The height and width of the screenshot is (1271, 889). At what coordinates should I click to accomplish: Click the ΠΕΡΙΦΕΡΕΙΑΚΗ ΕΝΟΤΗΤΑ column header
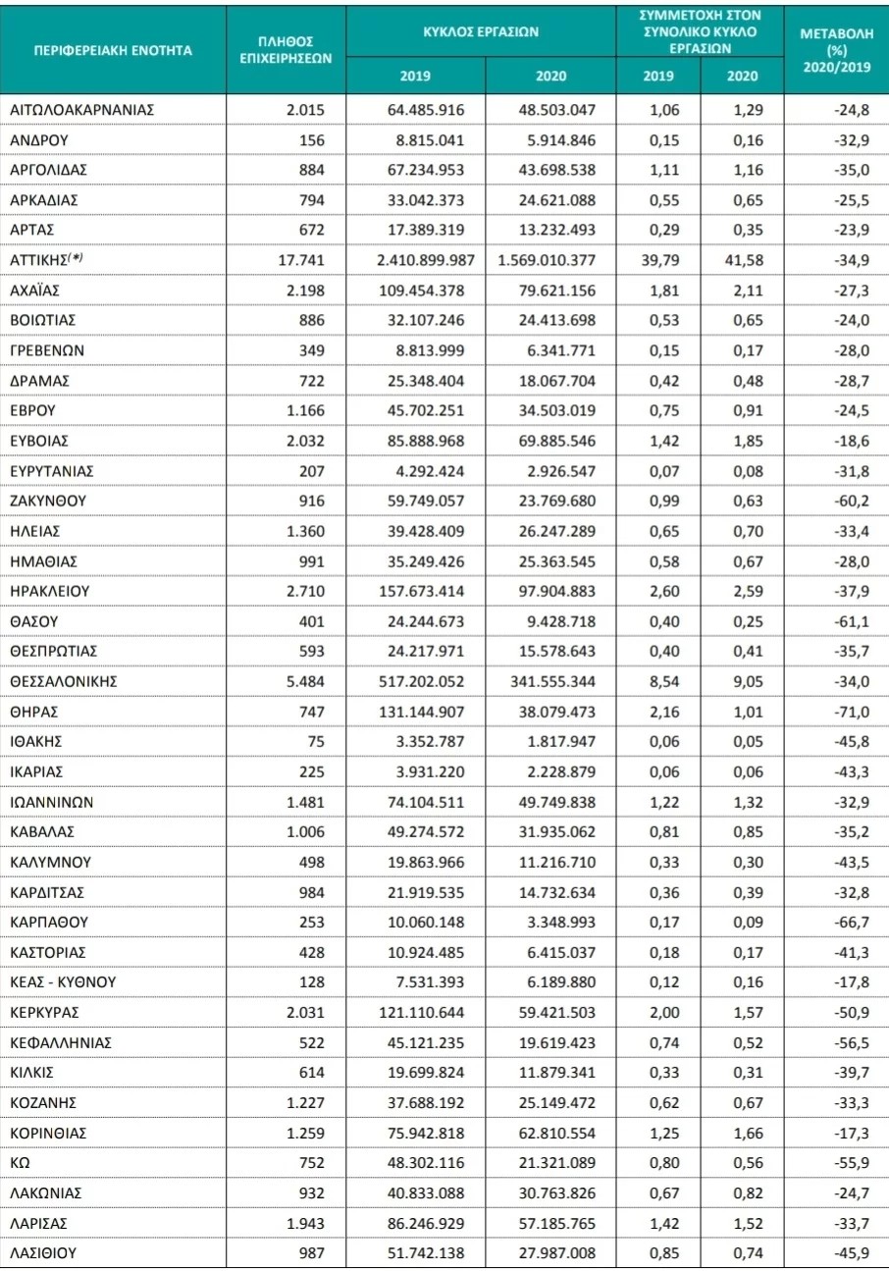click(112, 48)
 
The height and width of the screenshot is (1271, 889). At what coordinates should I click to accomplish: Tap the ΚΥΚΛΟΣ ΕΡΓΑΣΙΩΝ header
click(481, 31)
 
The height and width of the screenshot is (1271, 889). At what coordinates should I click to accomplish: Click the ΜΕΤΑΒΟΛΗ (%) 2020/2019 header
click(836, 48)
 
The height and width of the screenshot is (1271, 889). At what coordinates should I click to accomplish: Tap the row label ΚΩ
click(19, 1163)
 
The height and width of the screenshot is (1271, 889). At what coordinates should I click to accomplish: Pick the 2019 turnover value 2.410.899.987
click(418, 260)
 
